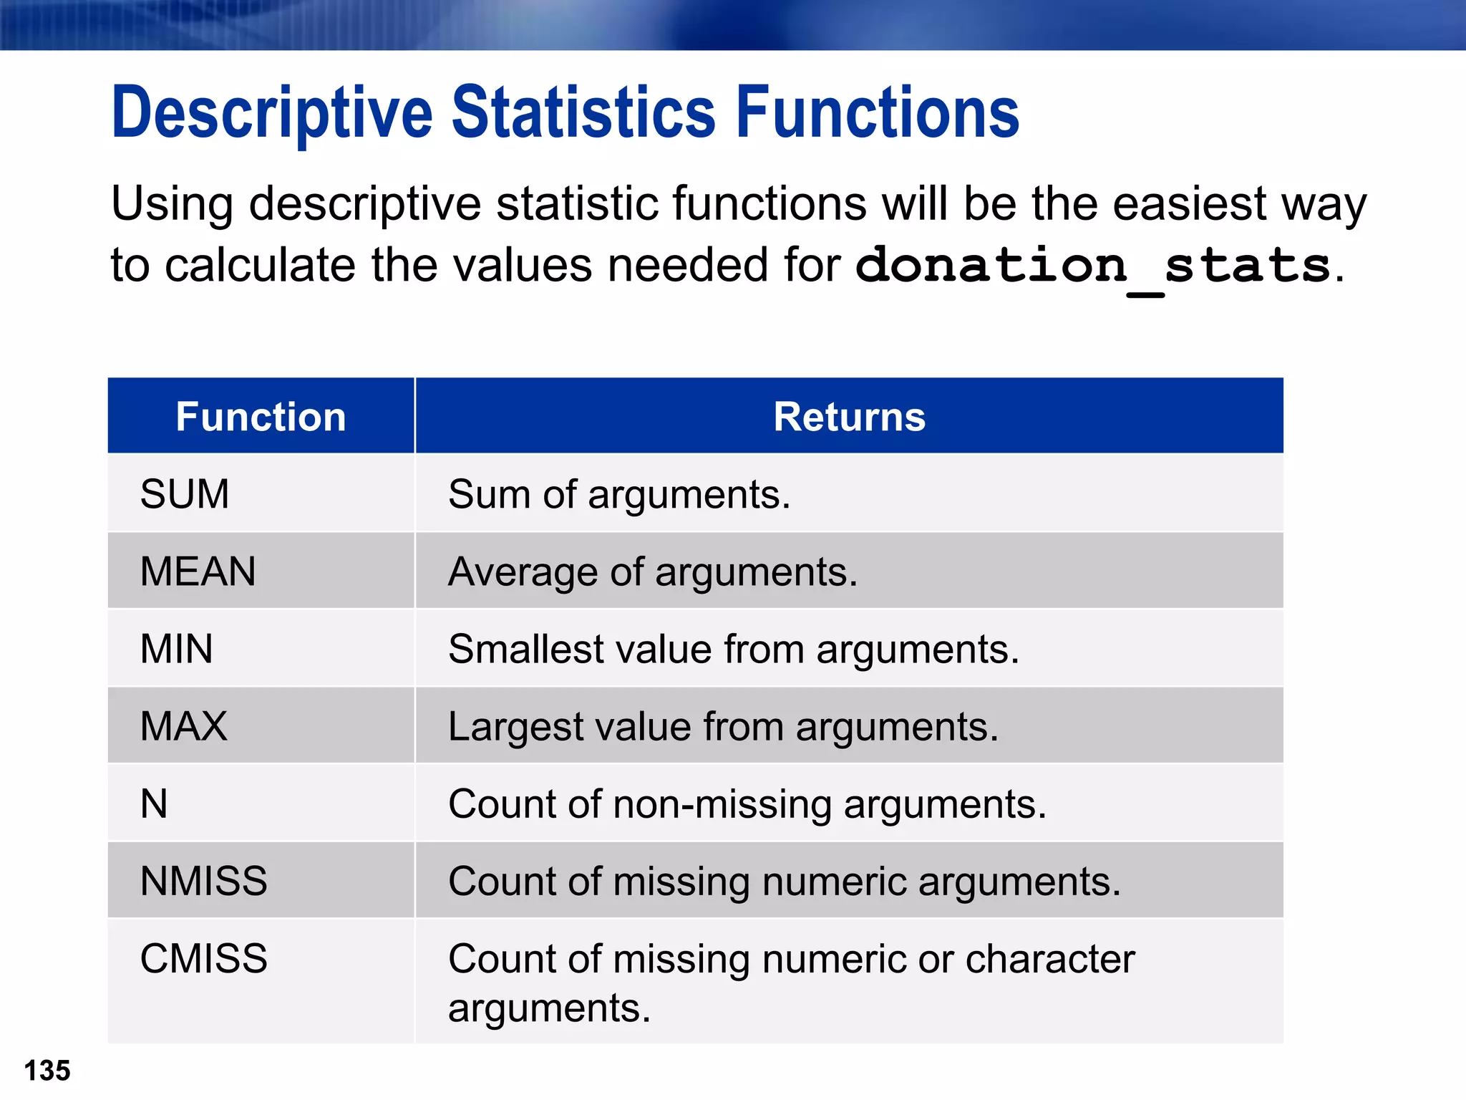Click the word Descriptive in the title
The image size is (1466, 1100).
pyautogui.click(x=272, y=113)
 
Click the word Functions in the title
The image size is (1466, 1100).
pyautogui.click(x=877, y=113)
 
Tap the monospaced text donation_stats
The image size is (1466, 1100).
pyautogui.click(x=1093, y=266)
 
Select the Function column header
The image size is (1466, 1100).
pyautogui.click(x=261, y=417)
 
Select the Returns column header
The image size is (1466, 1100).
pyautogui.click(x=849, y=417)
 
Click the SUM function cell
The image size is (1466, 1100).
pyautogui.click(x=185, y=494)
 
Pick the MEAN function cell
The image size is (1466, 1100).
pyautogui.click(x=198, y=571)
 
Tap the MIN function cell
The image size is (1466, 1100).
pyautogui.click(x=176, y=649)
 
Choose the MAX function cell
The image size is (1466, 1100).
pyautogui.click(x=183, y=726)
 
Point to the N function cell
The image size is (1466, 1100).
pyautogui.click(x=154, y=804)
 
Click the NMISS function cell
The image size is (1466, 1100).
pyautogui.click(x=203, y=881)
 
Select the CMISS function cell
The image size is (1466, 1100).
pyautogui.click(x=203, y=958)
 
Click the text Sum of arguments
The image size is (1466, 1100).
pyautogui.click(x=619, y=495)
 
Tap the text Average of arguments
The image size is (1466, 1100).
pyautogui.click(x=652, y=572)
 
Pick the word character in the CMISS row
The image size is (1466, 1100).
pyautogui.click(x=1049, y=959)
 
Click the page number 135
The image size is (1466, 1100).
pyautogui.click(x=47, y=1071)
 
